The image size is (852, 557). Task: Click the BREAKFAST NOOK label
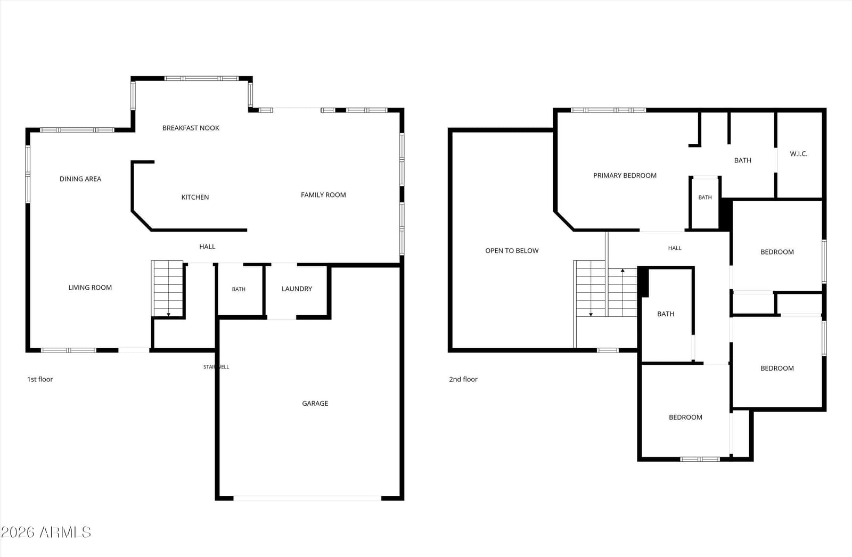point(191,128)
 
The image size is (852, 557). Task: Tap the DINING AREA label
point(80,179)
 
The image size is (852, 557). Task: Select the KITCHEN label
point(195,197)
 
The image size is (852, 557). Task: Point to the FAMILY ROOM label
point(323,195)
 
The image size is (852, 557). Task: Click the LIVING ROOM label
point(90,288)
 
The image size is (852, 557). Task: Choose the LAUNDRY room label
point(297,289)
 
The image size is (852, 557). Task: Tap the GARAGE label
point(315,403)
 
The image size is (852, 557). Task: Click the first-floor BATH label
point(239,289)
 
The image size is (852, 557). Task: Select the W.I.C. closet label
point(798,154)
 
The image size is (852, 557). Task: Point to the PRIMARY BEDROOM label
point(625,175)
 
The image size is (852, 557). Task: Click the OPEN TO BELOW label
point(512,251)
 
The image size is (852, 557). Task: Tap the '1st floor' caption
point(40,379)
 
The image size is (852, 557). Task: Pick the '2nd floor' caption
point(463,379)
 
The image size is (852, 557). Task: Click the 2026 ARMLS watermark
point(46,533)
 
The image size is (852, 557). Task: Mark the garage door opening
point(307,498)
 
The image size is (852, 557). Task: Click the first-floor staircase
point(167,289)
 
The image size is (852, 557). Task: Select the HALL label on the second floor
point(675,248)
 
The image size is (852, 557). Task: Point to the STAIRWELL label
point(216,367)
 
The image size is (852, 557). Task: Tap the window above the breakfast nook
point(202,78)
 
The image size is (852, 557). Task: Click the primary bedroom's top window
point(608,110)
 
